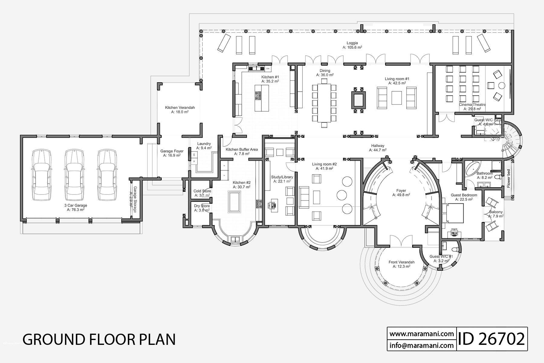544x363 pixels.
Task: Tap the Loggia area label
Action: [352, 45]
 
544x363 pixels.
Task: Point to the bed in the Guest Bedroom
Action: [453, 213]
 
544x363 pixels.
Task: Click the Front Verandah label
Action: [401, 264]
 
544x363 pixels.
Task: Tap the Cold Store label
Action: [202, 191]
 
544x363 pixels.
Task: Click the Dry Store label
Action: [202, 206]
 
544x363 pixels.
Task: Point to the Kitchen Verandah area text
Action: [180, 110]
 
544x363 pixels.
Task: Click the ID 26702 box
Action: [492, 339]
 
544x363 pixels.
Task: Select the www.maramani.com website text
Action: [422, 334]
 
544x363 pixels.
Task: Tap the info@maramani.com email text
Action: [422, 345]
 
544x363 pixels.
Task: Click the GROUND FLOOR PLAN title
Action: [99, 339]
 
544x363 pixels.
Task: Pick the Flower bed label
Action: [508, 178]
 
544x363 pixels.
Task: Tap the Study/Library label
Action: [282, 179]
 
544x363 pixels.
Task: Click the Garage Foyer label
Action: [172, 153]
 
